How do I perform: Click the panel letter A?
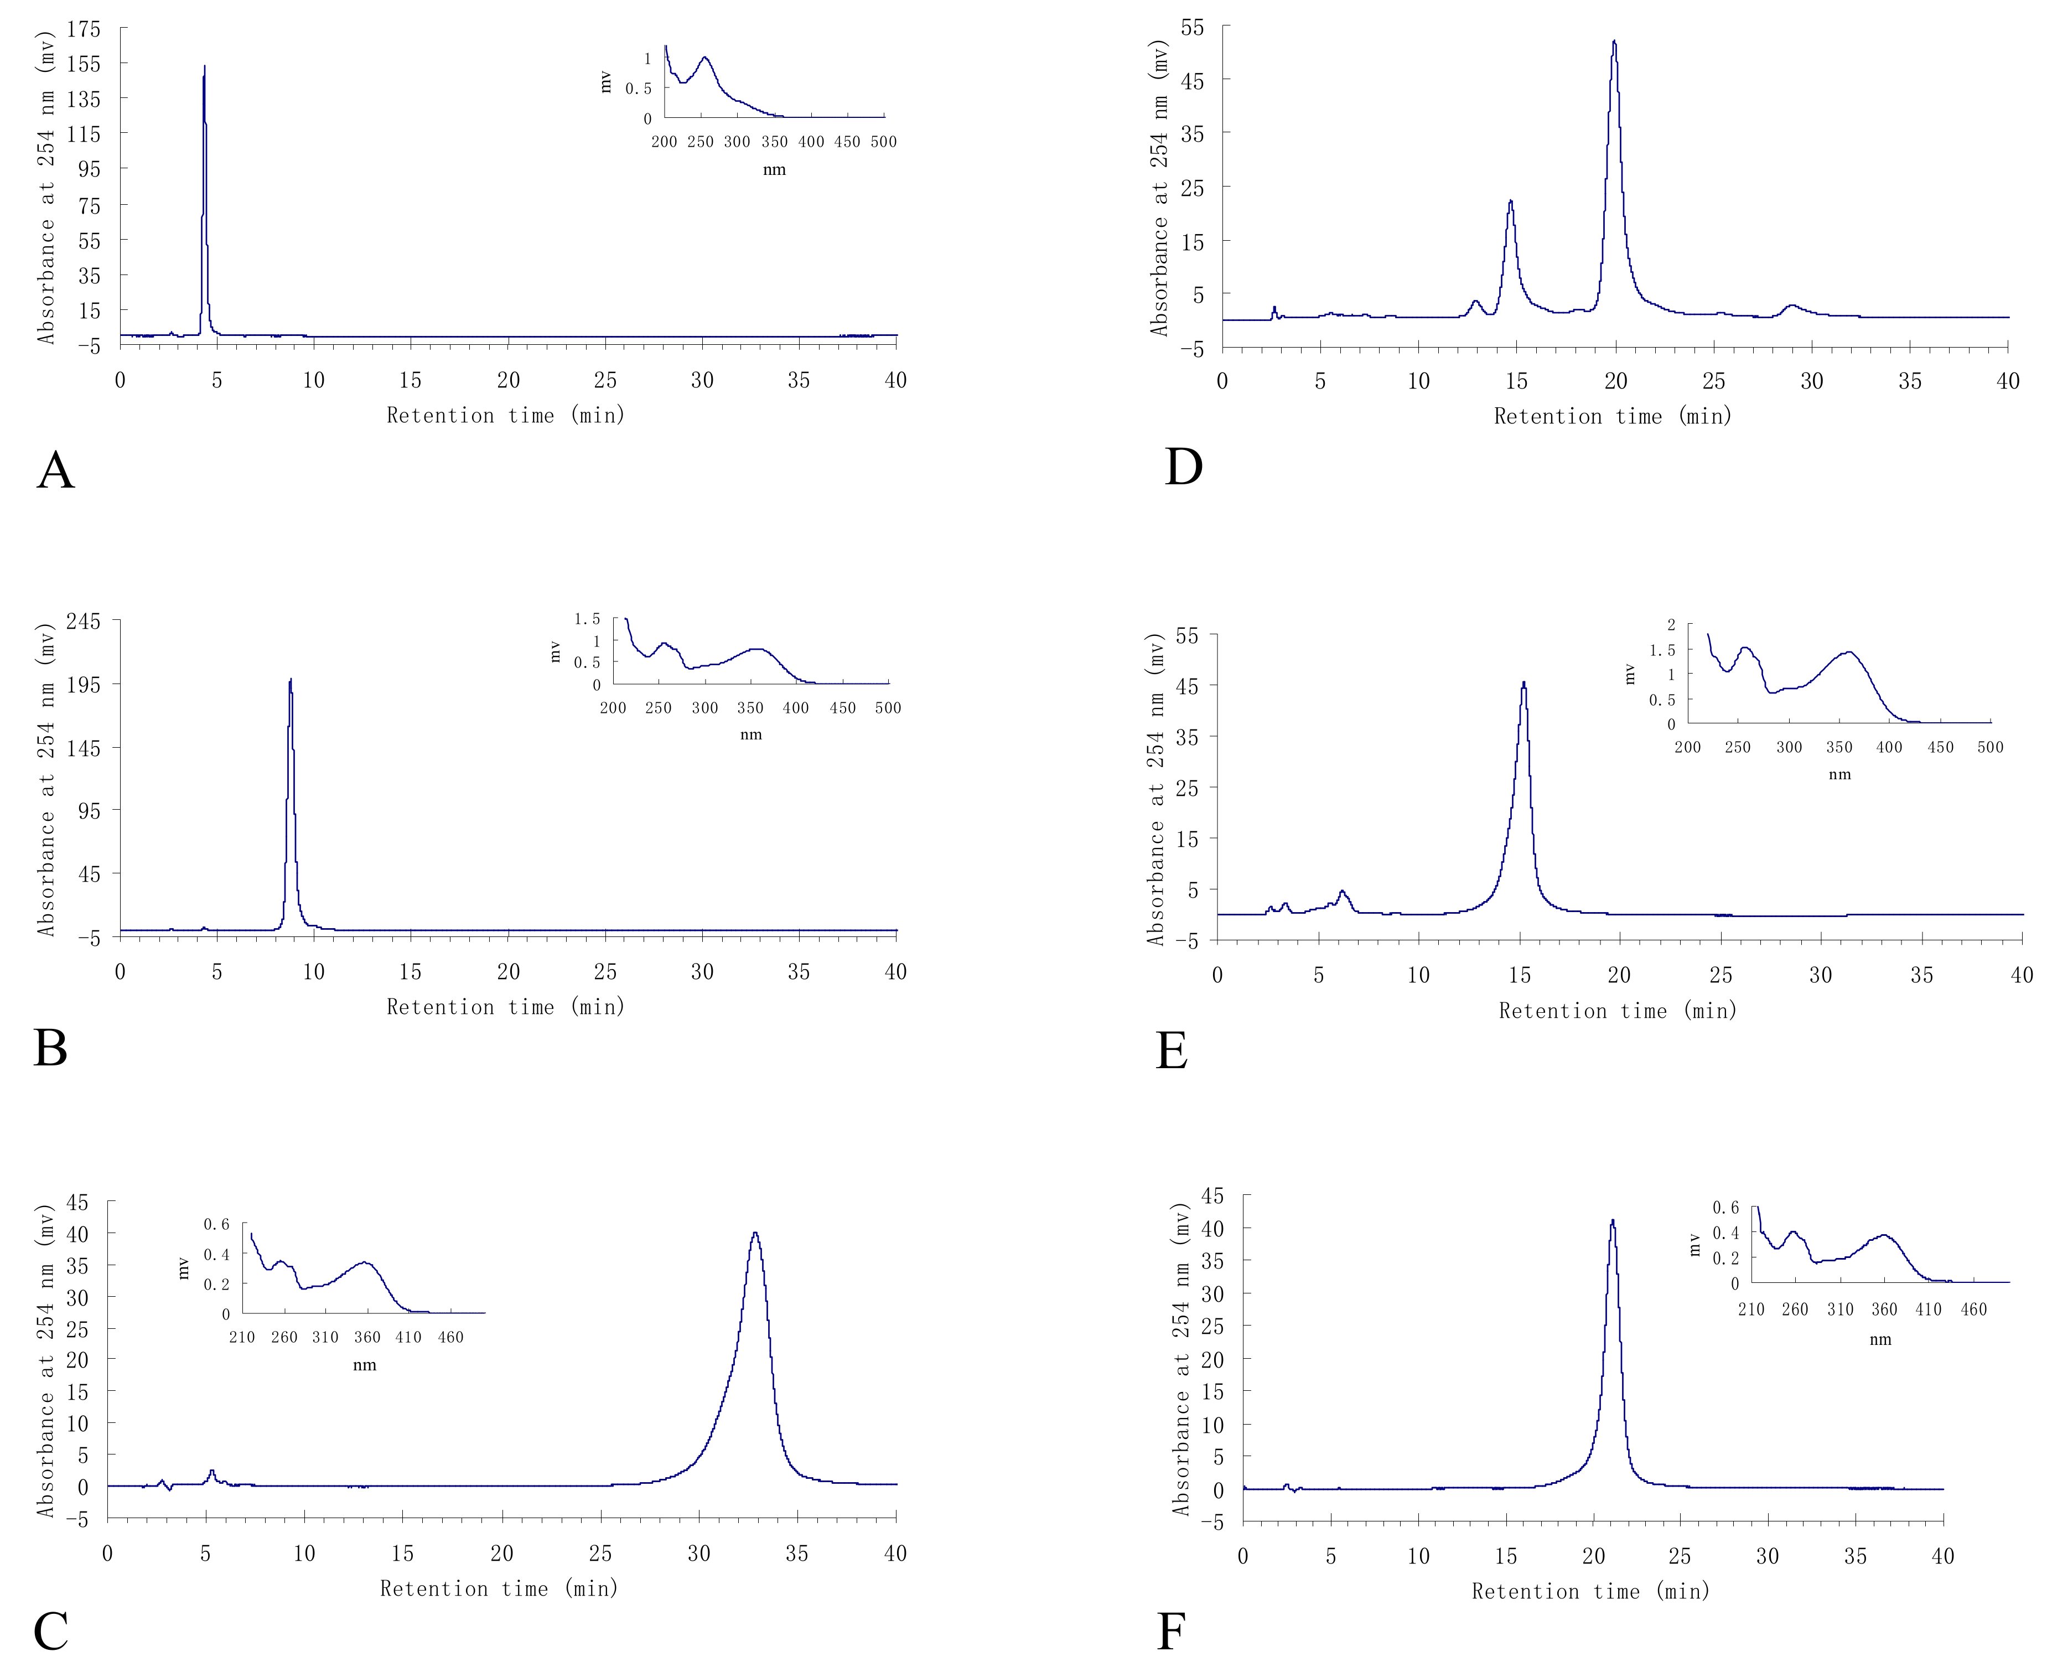(x=56, y=470)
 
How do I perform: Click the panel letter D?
(x=1183, y=467)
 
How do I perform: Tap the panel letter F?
(x=1170, y=1630)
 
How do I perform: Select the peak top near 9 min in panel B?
(x=290, y=680)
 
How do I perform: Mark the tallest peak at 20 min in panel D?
(x=1614, y=42)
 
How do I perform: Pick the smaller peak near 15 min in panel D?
(x=1510, y=201)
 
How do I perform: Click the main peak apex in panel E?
(x=1523, y=683)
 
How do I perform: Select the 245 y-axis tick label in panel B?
(x=84, y=622)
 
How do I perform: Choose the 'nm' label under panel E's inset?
(x=1839, y=774)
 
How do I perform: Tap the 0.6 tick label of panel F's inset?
(x=1725, y=1207)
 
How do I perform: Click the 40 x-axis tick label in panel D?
(x=2008, y=381)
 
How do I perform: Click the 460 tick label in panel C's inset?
(x=450, y=1337)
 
